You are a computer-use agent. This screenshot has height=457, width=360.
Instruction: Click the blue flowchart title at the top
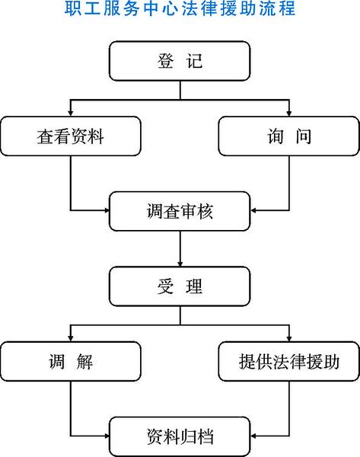[x=180, y=8]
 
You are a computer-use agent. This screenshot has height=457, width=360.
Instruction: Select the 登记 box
[x=180, y=61]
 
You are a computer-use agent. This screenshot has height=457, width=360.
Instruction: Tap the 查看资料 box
[x=71, y=136]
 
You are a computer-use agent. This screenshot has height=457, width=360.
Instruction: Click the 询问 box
[x=289, y=136]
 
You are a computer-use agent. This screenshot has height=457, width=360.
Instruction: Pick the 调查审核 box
[x=180, y=211]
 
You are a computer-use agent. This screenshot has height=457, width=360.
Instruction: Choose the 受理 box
[x=180, y=286]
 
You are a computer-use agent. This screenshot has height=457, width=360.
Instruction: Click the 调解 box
[x=71, y=361]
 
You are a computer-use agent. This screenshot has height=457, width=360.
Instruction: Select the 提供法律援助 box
[x=289, y=361]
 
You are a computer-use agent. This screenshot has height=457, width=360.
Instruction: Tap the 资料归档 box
[x=180, y=436]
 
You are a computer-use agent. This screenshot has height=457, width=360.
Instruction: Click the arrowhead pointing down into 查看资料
[x=71, y=113]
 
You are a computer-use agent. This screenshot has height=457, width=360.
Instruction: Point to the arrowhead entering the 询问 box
[x=289, y=113]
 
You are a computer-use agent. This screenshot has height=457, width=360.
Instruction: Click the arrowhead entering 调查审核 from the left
[x=106, y=210]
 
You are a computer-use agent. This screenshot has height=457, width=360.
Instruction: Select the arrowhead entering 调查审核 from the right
[x=253, y=210]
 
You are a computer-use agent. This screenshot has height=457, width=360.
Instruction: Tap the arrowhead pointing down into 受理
[x=180, y=264]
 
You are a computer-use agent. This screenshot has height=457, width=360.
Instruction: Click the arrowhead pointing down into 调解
[x=71, y=338]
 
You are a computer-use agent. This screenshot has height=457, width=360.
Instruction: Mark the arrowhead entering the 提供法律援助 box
[x=289, y=338]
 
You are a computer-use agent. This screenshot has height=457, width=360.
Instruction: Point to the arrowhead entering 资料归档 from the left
[x=106, y=436]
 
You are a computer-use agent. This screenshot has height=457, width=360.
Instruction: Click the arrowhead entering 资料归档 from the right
[x=253, y=436]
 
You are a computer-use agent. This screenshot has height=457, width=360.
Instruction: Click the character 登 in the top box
[x=166, y=61]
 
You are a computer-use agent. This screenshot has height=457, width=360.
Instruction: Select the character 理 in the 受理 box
[x=194, y=286]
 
